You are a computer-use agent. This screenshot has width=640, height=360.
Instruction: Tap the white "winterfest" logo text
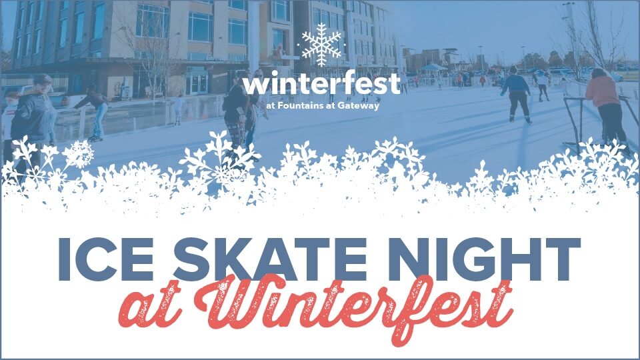coord(321,85)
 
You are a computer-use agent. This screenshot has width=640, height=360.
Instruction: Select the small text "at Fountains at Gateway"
coord(321,104)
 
